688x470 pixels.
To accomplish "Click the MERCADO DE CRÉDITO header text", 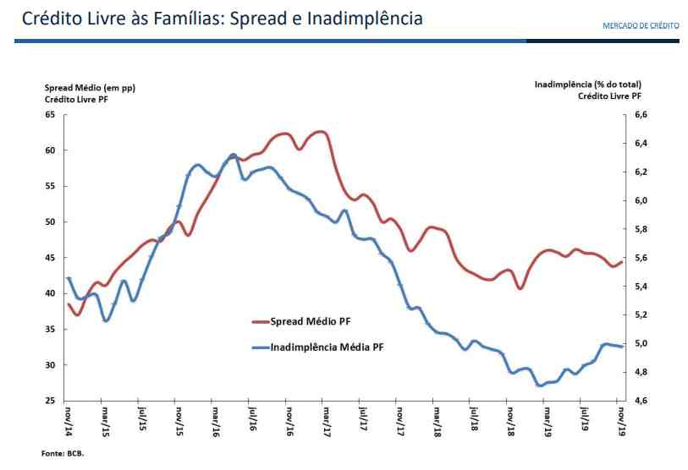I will [640, 25].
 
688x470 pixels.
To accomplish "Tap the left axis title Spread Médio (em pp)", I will [90, 87].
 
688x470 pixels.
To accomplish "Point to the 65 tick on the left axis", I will [50, 114].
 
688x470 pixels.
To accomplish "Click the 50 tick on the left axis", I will [50, 221].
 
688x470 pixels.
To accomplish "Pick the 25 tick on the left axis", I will [50, 400].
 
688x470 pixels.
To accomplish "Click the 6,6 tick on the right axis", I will [641, 114].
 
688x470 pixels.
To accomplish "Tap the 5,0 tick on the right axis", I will [641, 343].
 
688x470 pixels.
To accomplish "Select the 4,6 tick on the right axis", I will [641, 400].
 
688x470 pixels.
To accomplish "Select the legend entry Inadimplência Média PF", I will [331, 347].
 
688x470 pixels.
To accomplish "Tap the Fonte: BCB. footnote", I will [63, 453].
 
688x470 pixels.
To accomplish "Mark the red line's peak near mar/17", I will [321, 132].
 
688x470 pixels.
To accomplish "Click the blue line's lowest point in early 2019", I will [539, 385].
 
